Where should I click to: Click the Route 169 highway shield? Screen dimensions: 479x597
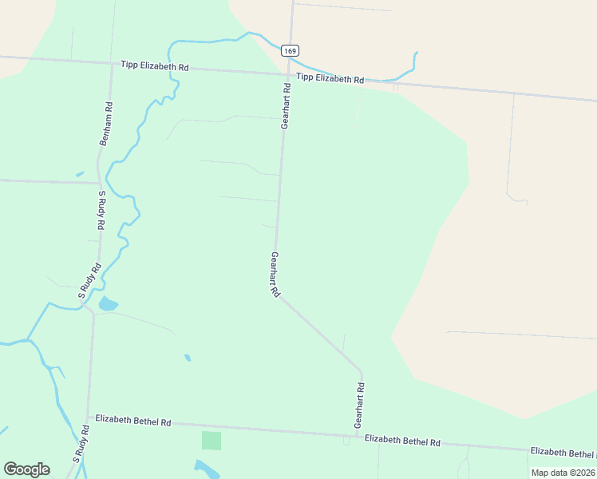tap(290, 50)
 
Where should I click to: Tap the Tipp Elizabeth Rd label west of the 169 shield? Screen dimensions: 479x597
tap(155, 66)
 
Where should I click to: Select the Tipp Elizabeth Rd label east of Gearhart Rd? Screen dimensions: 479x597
tap(330, 78)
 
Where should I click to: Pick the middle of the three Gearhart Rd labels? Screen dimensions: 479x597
tap(275, 275)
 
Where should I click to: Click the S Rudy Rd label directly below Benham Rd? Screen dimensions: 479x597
tap(103, 211)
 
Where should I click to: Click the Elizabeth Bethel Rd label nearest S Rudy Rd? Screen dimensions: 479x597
tap(133, 420)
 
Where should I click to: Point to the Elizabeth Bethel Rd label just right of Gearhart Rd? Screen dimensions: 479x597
tap(402, 441)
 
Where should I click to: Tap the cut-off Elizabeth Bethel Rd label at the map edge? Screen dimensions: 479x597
tap(563, 453)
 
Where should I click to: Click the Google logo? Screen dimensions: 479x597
tap(26, 469)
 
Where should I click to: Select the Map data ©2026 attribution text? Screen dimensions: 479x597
tap(563, 473)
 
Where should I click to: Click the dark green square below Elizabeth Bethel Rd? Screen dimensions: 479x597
tap(211, 441)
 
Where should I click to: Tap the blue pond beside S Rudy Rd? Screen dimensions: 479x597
tap(108, 303)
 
